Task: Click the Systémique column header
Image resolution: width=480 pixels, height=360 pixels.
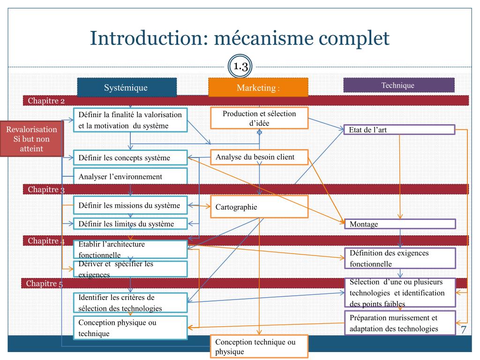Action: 127,87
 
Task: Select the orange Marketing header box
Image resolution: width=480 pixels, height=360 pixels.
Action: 258,87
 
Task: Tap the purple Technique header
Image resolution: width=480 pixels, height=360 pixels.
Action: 399,85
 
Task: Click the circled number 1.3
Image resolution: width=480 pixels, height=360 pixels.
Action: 240,66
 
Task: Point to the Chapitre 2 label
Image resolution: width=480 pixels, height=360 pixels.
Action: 46,101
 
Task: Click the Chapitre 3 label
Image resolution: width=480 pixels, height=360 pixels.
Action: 46,189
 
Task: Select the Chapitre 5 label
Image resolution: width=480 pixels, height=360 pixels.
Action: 45,284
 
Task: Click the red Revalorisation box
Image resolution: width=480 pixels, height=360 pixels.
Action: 31,139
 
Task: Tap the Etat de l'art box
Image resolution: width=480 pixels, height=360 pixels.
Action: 399,129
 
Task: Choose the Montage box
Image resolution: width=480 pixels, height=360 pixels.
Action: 400,224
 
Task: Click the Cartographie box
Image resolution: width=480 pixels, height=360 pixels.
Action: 259,207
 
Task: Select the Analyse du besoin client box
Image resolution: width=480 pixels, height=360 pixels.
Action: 259,157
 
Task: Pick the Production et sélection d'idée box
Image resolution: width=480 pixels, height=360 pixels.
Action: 259,118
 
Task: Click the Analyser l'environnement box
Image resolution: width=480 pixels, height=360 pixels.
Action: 130,176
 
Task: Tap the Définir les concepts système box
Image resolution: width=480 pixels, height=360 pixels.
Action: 130,157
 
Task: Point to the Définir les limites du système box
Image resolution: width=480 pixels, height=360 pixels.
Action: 130,224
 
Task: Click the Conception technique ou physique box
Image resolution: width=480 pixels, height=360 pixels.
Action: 259,346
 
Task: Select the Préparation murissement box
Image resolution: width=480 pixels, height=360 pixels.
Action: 400,323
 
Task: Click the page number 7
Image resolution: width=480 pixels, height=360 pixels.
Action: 464,330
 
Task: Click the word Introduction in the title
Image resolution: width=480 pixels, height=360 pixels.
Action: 146,38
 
